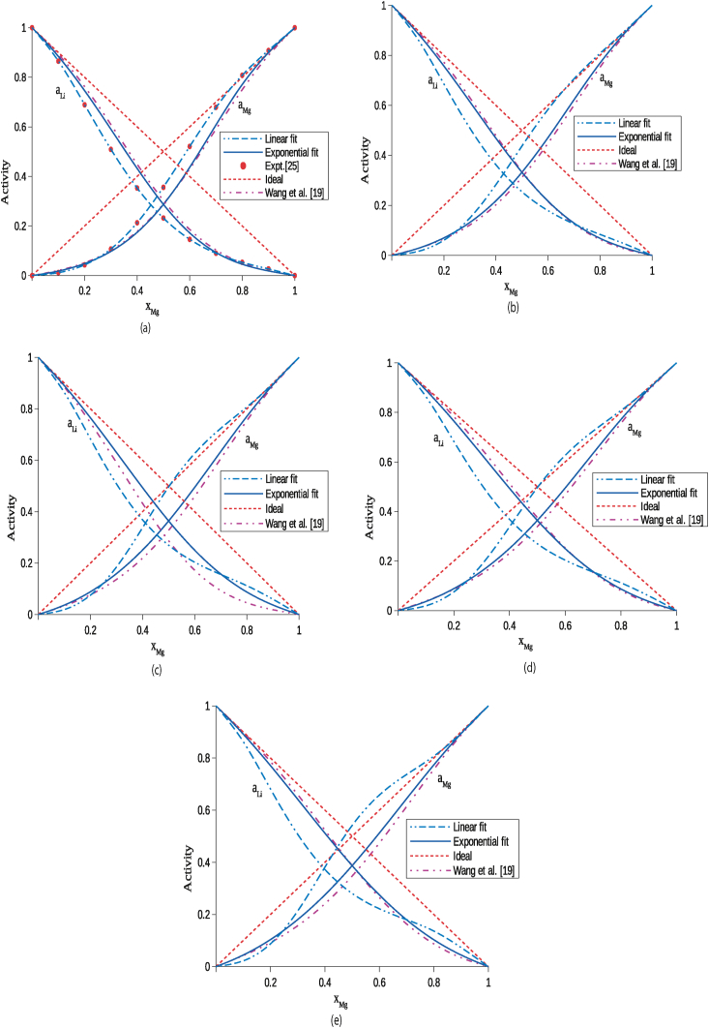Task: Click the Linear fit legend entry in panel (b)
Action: pos(616,123)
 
